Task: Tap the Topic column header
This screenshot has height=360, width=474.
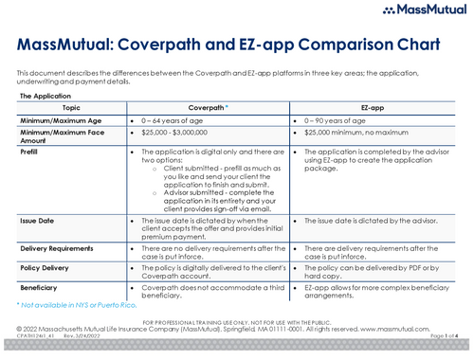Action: click(x=68, y=109)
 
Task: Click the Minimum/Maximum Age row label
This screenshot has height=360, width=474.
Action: click(x=59, y=122)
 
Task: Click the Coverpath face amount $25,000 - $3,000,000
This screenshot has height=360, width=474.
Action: click(x=185, y=135)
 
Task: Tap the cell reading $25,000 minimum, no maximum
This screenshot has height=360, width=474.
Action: click(x=360, y=135)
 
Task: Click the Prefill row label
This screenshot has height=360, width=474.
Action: click(x=29, y=151)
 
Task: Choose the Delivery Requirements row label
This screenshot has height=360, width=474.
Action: click(x=59, y=248)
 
